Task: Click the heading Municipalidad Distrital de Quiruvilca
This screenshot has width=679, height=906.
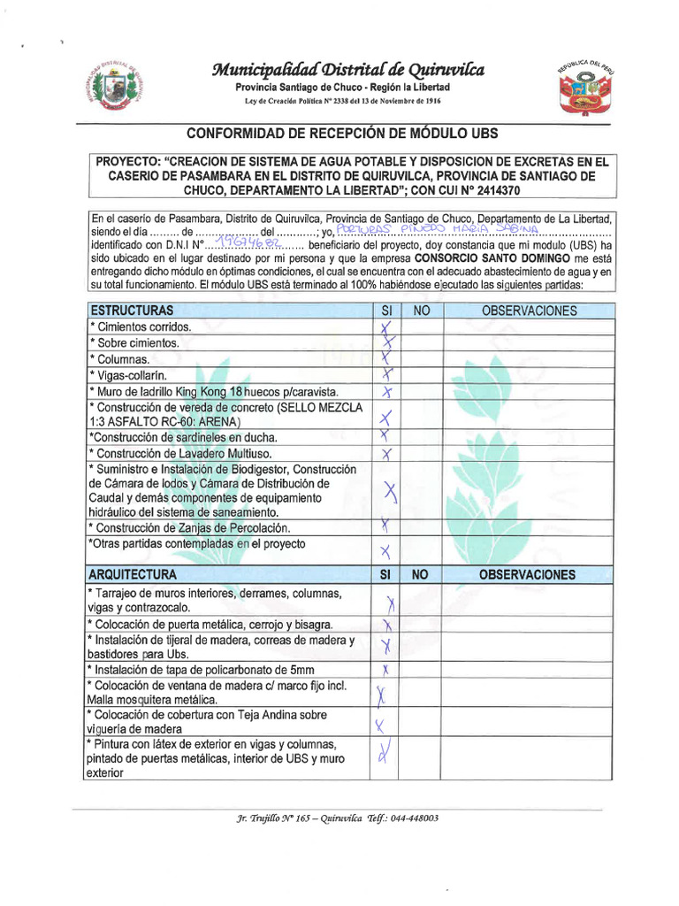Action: point(347,71)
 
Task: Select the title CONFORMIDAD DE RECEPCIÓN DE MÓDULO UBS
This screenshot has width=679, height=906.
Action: point(342,134)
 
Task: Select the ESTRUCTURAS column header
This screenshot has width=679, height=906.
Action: point(130,311)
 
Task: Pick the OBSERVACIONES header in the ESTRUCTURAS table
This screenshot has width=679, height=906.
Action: point(529,311)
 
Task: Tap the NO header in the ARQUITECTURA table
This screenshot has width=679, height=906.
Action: point(421,574)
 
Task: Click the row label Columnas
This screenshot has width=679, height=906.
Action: point(121,359)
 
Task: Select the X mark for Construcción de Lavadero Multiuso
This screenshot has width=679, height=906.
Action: point(386,454)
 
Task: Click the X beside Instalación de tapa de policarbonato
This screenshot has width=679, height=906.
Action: point(386,668)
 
